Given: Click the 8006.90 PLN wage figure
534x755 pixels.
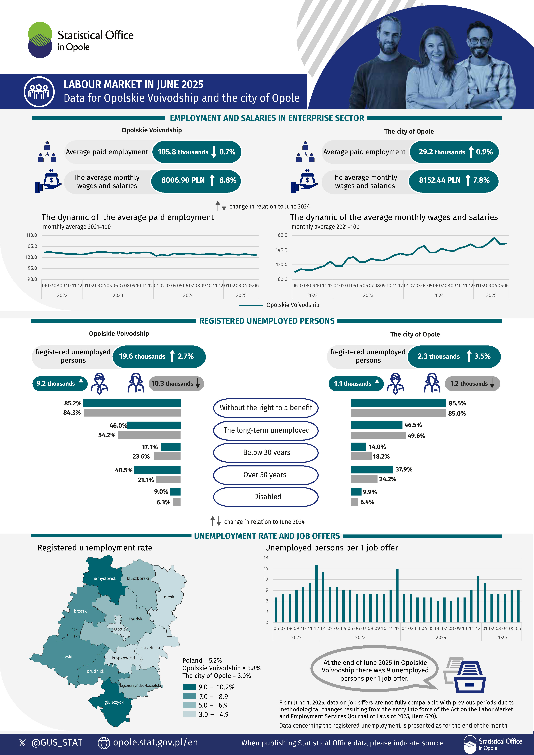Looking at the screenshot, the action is point(183,180).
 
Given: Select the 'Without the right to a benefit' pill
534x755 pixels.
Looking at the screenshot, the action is point(266,408).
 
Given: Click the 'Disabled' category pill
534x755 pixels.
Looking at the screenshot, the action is point(266,497).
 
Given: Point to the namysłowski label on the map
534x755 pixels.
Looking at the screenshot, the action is point(105,578).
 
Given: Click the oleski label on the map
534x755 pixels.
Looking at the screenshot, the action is point(170,597).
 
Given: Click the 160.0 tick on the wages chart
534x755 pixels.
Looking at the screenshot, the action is point(281,235).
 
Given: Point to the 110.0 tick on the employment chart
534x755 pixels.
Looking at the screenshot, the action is point(32,235).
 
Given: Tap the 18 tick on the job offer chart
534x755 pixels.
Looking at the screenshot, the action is point(266,558).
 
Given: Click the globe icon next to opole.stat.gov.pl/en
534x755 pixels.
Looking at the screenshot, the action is point(104,743).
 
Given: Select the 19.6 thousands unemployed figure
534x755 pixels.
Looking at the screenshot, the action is point(142,356).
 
